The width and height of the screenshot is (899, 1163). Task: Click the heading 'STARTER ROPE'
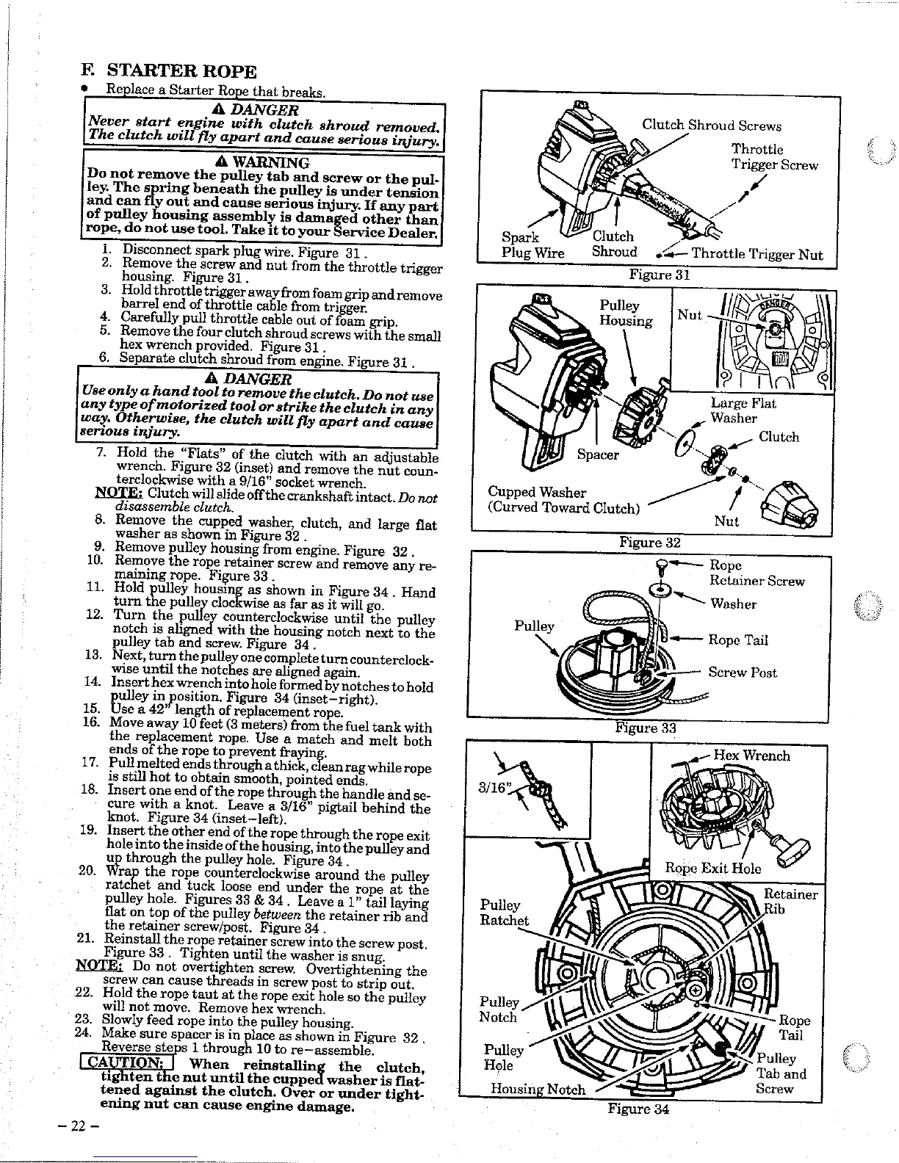(181, 72)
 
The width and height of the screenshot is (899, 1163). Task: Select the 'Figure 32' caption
(649, 543)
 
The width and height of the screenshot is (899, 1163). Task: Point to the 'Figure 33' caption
(645, 728)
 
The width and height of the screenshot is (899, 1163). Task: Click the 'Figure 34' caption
(638, 1108)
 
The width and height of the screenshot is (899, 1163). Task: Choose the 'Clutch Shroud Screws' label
(711, 126)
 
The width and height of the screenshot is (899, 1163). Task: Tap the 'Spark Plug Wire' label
(532, 245)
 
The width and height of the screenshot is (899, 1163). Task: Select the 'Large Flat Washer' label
(743, 410)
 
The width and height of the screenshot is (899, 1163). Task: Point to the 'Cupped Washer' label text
(537, 492)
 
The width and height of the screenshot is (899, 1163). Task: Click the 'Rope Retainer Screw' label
(756, 573)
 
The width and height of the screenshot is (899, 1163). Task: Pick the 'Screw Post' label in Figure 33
(742, 673)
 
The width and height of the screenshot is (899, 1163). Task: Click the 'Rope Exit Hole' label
(702, 869)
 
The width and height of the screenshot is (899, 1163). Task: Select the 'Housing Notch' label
(538, 1090)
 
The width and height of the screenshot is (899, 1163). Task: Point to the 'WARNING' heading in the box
(261, 162)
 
